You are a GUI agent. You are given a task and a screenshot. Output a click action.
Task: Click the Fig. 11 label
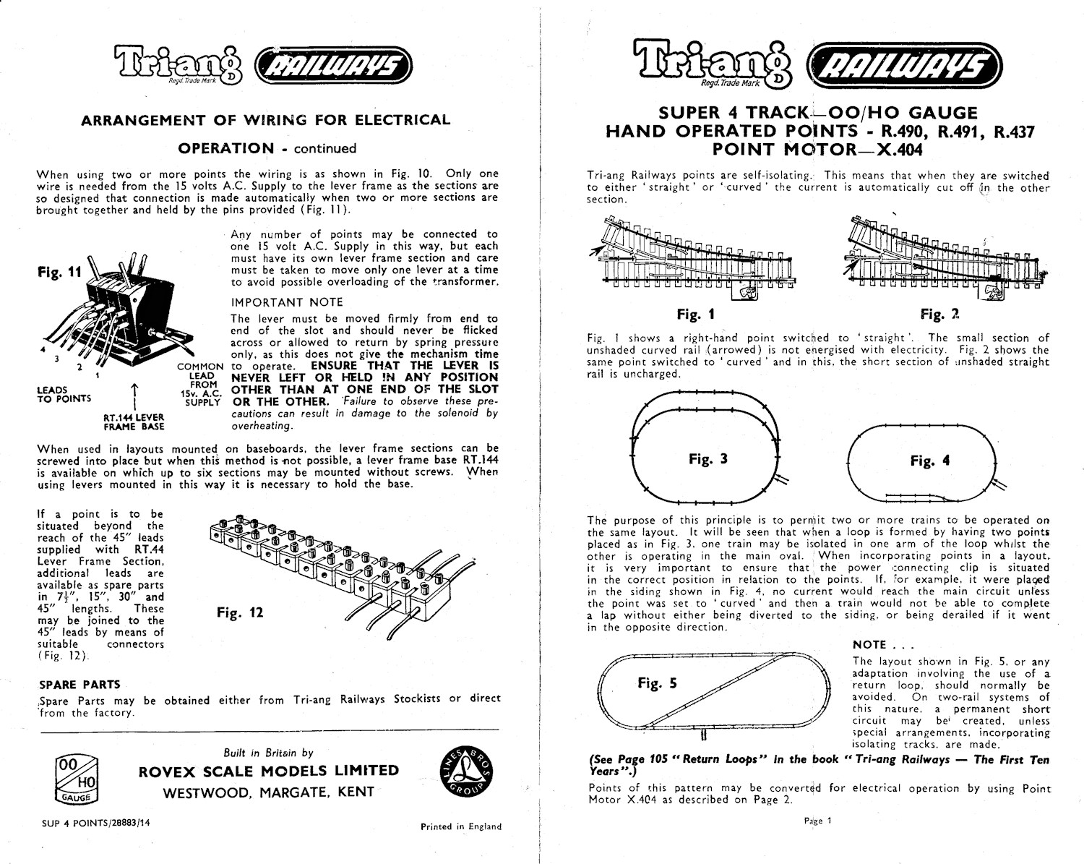(x=59, y=274)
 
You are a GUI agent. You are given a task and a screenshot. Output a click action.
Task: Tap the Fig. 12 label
(x=240, y=613)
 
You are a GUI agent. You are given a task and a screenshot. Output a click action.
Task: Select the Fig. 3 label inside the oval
(x=707, y=458)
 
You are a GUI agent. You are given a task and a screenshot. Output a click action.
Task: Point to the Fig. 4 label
(x=930, y=461)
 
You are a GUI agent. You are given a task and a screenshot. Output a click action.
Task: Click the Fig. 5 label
(x=657, y=683)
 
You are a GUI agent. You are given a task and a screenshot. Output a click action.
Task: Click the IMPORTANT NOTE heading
(x=287, y=302)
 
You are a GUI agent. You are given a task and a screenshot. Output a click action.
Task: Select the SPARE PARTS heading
(x=79, y=684)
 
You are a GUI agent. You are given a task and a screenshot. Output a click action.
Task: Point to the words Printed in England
(x=460, y=826)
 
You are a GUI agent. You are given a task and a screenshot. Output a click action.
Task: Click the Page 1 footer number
(x=817, y=821)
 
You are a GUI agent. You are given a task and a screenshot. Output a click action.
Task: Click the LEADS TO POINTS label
(x=64, y=394)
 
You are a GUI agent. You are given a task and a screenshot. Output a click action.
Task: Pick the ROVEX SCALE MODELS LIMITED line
(x=268, y=771)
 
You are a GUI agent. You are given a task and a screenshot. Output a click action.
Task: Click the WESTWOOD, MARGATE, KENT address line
(x=268, y=792)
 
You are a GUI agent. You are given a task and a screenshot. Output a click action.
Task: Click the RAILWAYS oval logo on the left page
(x=334, y=67)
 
